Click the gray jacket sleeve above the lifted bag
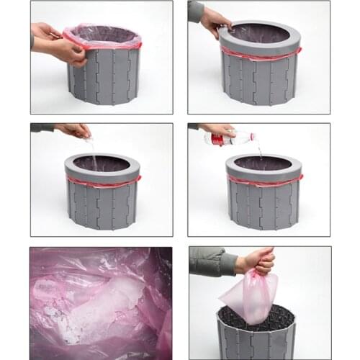(212, 261)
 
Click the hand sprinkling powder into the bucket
(76, 130)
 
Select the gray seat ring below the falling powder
(101, 168)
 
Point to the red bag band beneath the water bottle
(264, 180)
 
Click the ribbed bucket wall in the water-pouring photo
(264, 205)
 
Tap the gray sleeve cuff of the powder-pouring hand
(43, 127)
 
